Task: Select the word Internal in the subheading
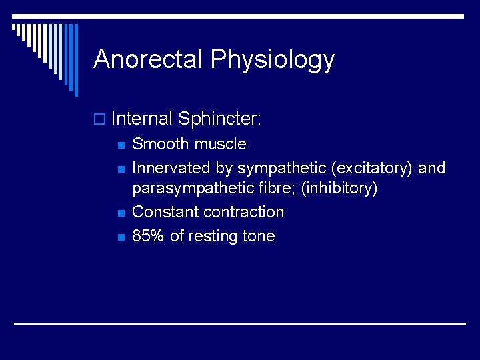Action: tap(142, 119)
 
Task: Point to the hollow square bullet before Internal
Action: tap(101, 120)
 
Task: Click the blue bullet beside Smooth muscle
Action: tap(120, 145)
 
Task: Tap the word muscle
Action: tap(222, 144)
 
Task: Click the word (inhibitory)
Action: tap(339, 189)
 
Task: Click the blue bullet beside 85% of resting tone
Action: tap(120, 237)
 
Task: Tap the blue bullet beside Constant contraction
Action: tap(120, 213)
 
